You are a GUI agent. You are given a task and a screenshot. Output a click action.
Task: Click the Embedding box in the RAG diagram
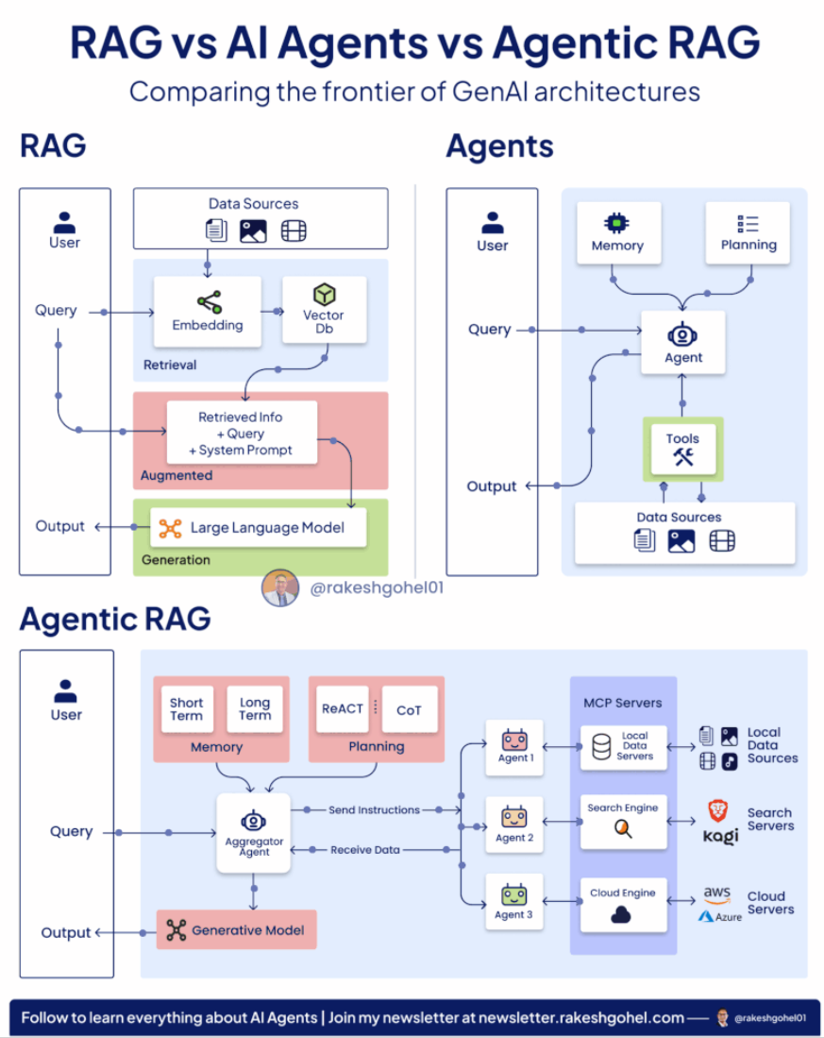208,313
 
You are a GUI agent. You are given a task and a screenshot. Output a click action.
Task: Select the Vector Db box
324,311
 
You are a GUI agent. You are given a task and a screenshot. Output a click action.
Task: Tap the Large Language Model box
258,528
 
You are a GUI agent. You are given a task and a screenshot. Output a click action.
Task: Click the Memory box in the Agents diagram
617,232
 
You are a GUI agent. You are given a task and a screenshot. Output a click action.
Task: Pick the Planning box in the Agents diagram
748,232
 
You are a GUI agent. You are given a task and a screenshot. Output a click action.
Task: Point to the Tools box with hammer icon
682,449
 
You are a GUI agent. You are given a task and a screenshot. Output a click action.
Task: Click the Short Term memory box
187,708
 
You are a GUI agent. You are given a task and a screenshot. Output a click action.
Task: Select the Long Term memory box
255,708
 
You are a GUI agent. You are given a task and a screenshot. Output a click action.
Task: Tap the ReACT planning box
343,708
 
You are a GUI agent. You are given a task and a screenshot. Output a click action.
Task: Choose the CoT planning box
410,709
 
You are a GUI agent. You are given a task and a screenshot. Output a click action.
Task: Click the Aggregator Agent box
253,832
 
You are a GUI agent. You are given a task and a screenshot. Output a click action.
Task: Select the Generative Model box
236,930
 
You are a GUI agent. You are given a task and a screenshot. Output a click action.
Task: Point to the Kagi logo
720,837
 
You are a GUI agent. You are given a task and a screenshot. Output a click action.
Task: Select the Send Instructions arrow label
374,810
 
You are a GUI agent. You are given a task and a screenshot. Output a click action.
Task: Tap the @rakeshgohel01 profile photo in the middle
280,588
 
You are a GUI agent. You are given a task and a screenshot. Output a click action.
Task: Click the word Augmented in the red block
177,476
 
